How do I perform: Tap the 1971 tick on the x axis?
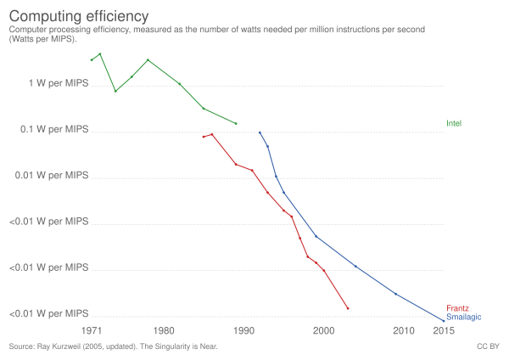click(90, 329)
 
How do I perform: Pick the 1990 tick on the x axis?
click(243, 329)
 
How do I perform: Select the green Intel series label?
click(454, 124)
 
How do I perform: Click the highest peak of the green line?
click(100, 53)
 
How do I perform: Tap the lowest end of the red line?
click(348, 308)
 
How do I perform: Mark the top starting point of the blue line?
click(259, 132)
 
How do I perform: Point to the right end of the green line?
click(237, 124)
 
